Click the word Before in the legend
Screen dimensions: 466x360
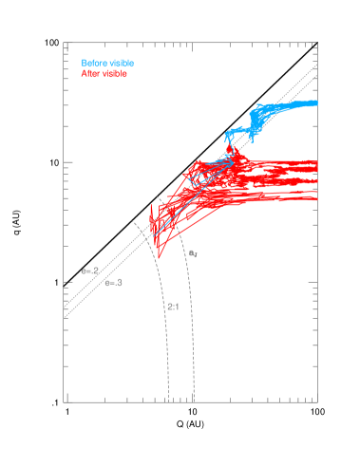coord(93,64)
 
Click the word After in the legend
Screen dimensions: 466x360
coord(89,73)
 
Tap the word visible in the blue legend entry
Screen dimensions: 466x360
coord(121,64)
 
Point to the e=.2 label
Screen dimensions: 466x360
coord(90,271)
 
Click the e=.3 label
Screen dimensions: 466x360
coord(113,283)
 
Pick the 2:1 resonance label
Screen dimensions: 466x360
coord(173,307)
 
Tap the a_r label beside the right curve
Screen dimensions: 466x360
coord(192,253)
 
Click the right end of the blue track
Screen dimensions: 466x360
coord(316,103)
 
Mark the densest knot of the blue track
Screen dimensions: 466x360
coord(258,118)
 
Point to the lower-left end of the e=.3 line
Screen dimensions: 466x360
coord(64,318)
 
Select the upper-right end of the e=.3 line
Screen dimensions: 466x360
coord(316,78)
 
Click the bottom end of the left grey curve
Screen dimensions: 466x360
coord(169,401)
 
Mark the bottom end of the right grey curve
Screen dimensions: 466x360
coord(195,401)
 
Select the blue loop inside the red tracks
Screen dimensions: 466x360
coord(199,177)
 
